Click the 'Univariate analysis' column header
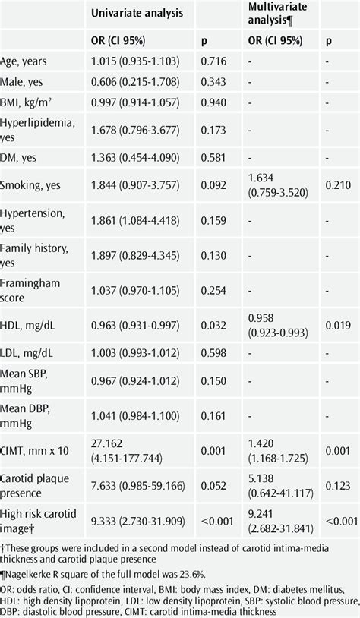tap(137, 13)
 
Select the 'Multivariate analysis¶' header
tap(277, 13)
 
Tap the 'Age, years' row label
tap(24, 61)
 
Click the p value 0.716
tap(213, 61)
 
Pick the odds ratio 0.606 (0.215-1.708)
tap(135, 82)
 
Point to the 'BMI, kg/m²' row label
tap(26, 102)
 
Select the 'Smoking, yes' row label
tap(30, 185)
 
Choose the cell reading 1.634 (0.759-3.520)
tap(278, 185)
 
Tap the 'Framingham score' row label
tap(30, 291)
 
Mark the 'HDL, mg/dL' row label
tap(27, 326)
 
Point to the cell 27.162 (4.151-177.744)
tap(127, 451)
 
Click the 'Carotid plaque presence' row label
tap(34, 486)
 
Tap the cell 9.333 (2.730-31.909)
tap(138, 522)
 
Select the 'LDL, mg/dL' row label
tap(27, 353)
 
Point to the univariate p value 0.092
tap(213, 184)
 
